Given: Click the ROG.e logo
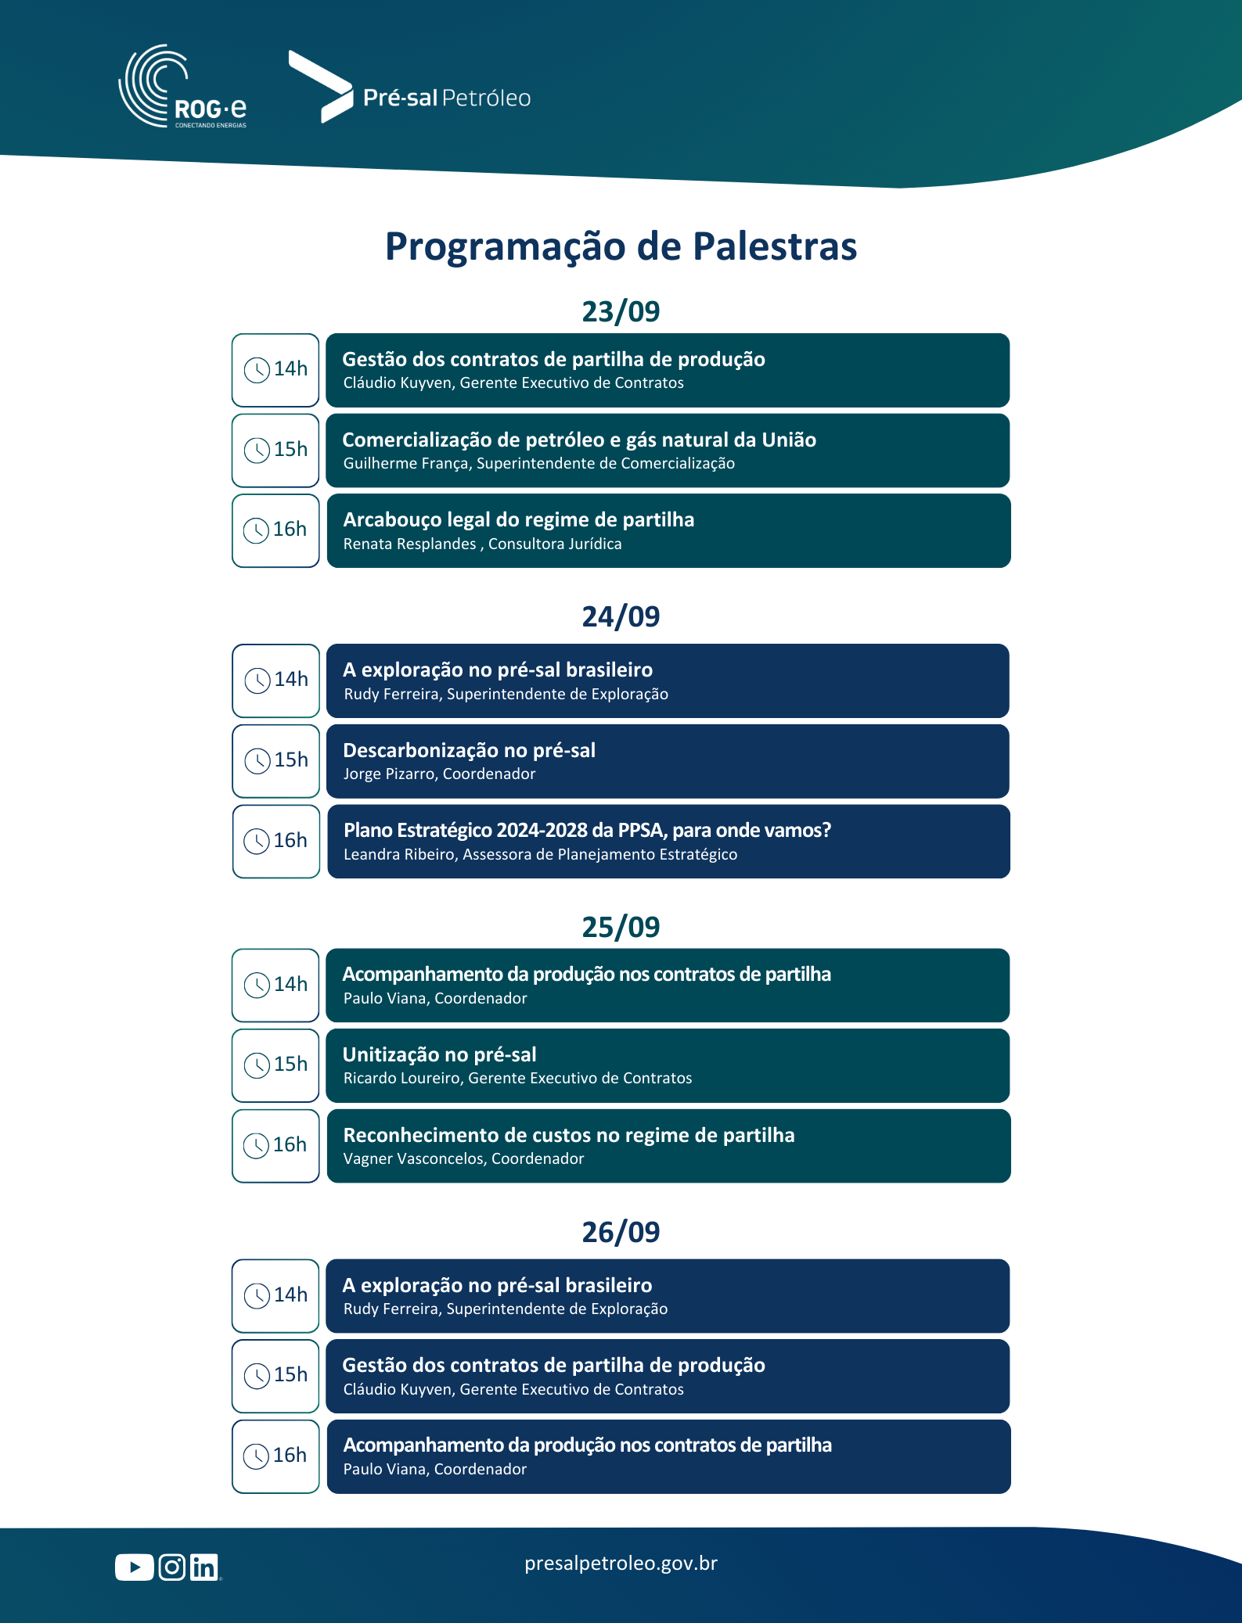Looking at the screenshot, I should coord(182,88).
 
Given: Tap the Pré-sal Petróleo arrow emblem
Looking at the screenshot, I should coord(322,87).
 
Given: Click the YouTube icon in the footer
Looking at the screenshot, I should coord(134,1567).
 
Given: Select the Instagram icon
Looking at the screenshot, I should coord(172,1567).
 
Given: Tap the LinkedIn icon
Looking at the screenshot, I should coord(204,1567).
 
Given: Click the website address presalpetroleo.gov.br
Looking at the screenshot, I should coord(621,1564).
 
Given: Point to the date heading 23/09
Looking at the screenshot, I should coord(621,311).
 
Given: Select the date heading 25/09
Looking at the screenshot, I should coord(621,927).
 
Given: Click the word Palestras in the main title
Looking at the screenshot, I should coord(774,246).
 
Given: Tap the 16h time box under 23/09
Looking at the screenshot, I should coord(275,530).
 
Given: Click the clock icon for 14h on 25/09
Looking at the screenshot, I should coord(257,986).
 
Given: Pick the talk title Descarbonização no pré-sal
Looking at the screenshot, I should coord(469,750).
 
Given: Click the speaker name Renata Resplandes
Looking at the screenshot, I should coord(409,544).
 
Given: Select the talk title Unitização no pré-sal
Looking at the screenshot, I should coord(439,1054).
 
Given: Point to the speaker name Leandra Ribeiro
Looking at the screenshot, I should coord(399,855).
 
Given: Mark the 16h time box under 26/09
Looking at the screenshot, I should coord(275,1456).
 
